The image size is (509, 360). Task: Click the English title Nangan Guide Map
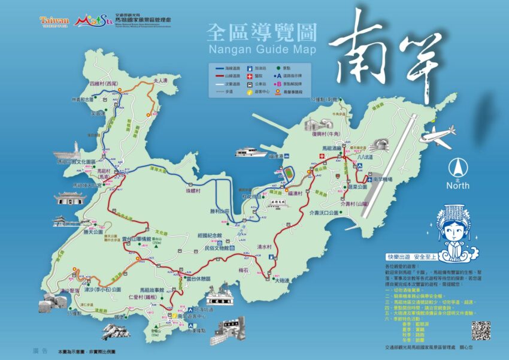(x=262, y=49)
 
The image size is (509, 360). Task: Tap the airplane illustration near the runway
(x=438, y=137)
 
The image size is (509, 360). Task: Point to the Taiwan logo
(x=54, y=21)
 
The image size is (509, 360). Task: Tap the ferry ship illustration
(x=251, y=152)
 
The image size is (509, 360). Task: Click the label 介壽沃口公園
(x=328, y=213)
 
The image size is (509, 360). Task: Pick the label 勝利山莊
(x=220, y=211)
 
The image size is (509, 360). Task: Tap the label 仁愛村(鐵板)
(x=143, y=297)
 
